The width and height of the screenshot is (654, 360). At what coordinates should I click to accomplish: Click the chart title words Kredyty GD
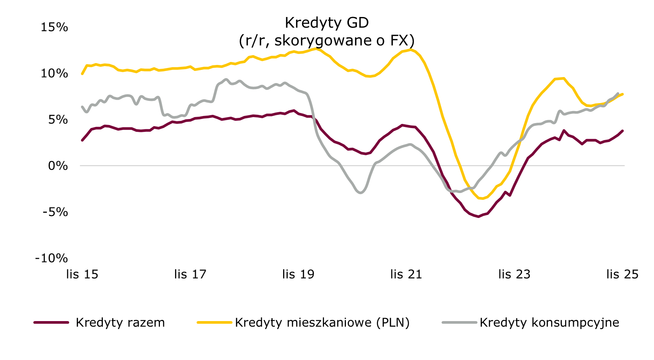point(327,23)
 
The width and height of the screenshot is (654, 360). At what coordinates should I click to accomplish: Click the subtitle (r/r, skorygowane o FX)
point(327,40)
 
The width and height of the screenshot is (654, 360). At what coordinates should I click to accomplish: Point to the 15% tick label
point(54,27)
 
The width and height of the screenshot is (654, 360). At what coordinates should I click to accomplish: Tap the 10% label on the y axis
point(54,73)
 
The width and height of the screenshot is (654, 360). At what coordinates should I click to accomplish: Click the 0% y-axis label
point(58,166)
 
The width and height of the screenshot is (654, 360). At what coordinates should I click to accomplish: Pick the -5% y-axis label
point(55,212)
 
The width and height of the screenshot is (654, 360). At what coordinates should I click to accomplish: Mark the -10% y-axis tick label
point(51,258)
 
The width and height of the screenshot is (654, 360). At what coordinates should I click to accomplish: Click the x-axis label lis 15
point(82,274)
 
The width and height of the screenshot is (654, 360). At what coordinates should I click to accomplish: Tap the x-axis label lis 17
point(190,274)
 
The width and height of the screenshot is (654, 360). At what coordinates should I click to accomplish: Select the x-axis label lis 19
point(298,274)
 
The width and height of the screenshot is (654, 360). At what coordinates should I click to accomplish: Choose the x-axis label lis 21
point(406,274)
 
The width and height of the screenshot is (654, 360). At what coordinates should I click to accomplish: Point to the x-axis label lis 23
point(514,274)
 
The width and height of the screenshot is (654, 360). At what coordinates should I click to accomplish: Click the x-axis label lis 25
point(622,274)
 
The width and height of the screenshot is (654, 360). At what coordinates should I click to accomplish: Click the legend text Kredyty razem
point(120,323)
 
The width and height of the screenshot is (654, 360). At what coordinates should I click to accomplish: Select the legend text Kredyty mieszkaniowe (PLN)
point(322,323)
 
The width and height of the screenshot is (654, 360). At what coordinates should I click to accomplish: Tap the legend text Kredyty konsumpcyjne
point(549,323)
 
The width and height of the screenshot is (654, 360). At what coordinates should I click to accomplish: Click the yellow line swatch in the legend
point(214,323)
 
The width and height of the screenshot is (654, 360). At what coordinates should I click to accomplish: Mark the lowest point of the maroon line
point(478,216)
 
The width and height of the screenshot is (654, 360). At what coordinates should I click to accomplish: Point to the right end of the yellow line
point(623,94)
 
